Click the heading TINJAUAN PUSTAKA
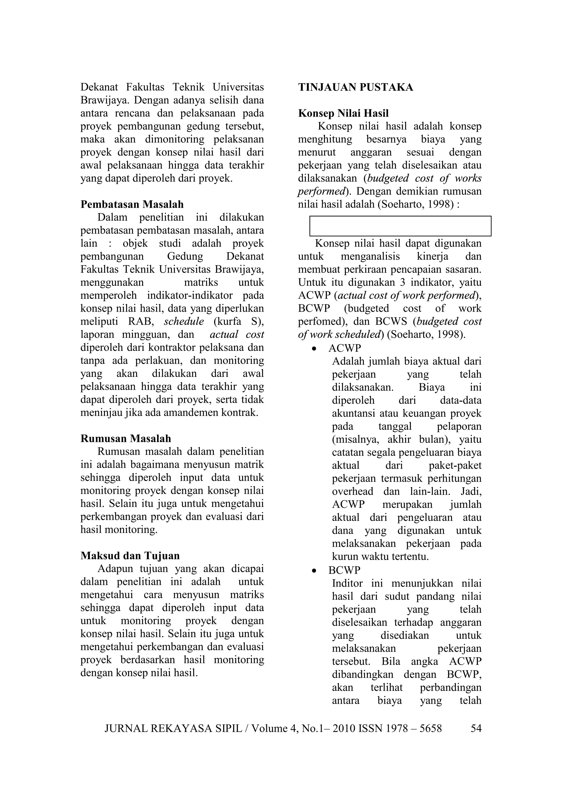(x=355, y=87)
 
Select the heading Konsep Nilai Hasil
(x=343, y=114)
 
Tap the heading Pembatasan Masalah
(x=132, y=204)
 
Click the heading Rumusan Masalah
(x=126, y=438)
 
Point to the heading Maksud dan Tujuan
(x=130, y=556)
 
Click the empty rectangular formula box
(x=400, y=226)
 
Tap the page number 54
(x=476, y=729)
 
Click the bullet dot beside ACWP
(x=314, y=349)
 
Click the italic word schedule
(x=184, y=321)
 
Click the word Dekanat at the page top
(x=98, y=87)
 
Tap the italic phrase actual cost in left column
(x=237, y=334)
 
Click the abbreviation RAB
(x=140, y=321)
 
